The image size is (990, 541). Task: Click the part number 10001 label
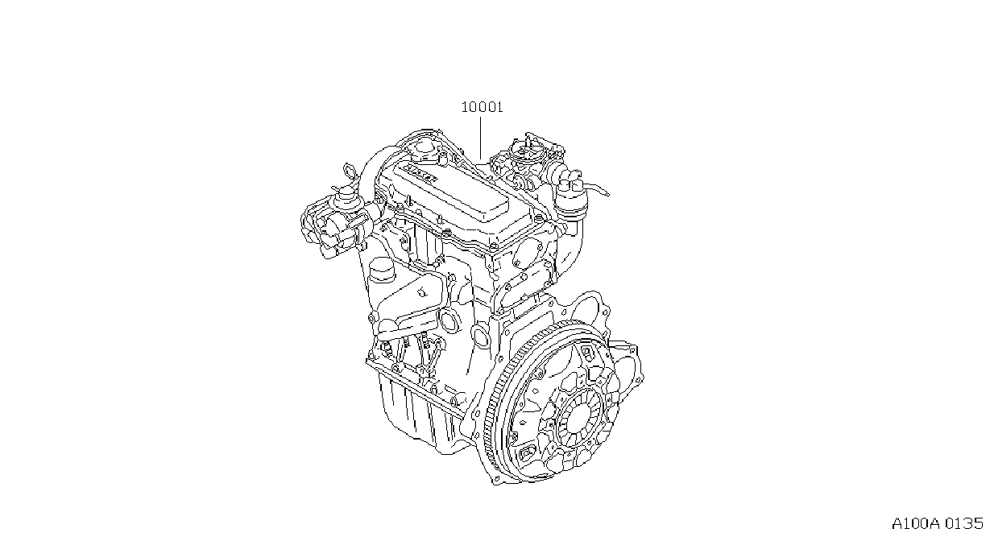482,107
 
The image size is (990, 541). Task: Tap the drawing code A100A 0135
937,523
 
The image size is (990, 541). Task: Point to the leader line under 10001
480,138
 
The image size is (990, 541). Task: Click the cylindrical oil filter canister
381,270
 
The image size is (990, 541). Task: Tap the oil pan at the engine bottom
420,415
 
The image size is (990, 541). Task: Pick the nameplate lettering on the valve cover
421,174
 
